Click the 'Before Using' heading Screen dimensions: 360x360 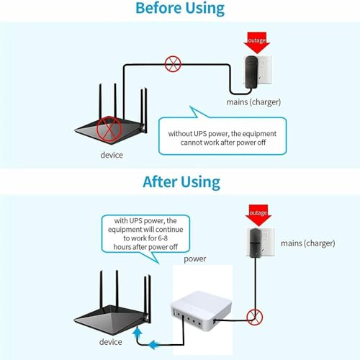pyautogui.click(x=180, y=9)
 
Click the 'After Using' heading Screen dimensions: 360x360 pyautogui.click(x=181, y=182)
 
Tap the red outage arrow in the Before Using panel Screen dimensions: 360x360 pyautogui.click(x=256, y=42)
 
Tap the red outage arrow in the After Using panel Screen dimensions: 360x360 pyautogui.click(x=258, y=215)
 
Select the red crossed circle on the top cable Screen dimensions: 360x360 pyautogui.click(x=173, y=64)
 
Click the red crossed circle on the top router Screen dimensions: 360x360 pyautogui.click(x=109, y=130)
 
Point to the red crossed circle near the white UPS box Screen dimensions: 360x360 pyautogui.click(x=255, y=317)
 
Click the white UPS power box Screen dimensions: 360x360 pyautogui.click(x=202, y=311)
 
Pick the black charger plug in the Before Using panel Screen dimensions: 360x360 pyautogui.click(x=251, y=72)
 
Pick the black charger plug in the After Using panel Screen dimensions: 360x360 pyautogui.click(x=255, y=243)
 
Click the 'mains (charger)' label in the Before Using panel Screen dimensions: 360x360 pyautogui.click(x=253, y=102)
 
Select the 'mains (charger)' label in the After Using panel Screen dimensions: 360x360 pyautogui.click(x=308, y=243)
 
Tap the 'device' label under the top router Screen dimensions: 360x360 pyautogui.click(x=112, y=155)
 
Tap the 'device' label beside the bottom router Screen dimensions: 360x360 pyautogui.click(x=111, y=342)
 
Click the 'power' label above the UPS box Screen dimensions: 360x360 pyautogui.click(x=195, y=259)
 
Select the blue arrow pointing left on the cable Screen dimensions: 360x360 pyautogui.click(x=153, y=345)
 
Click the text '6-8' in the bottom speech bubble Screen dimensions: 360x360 pyautogui.click(x=163, y=238)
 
